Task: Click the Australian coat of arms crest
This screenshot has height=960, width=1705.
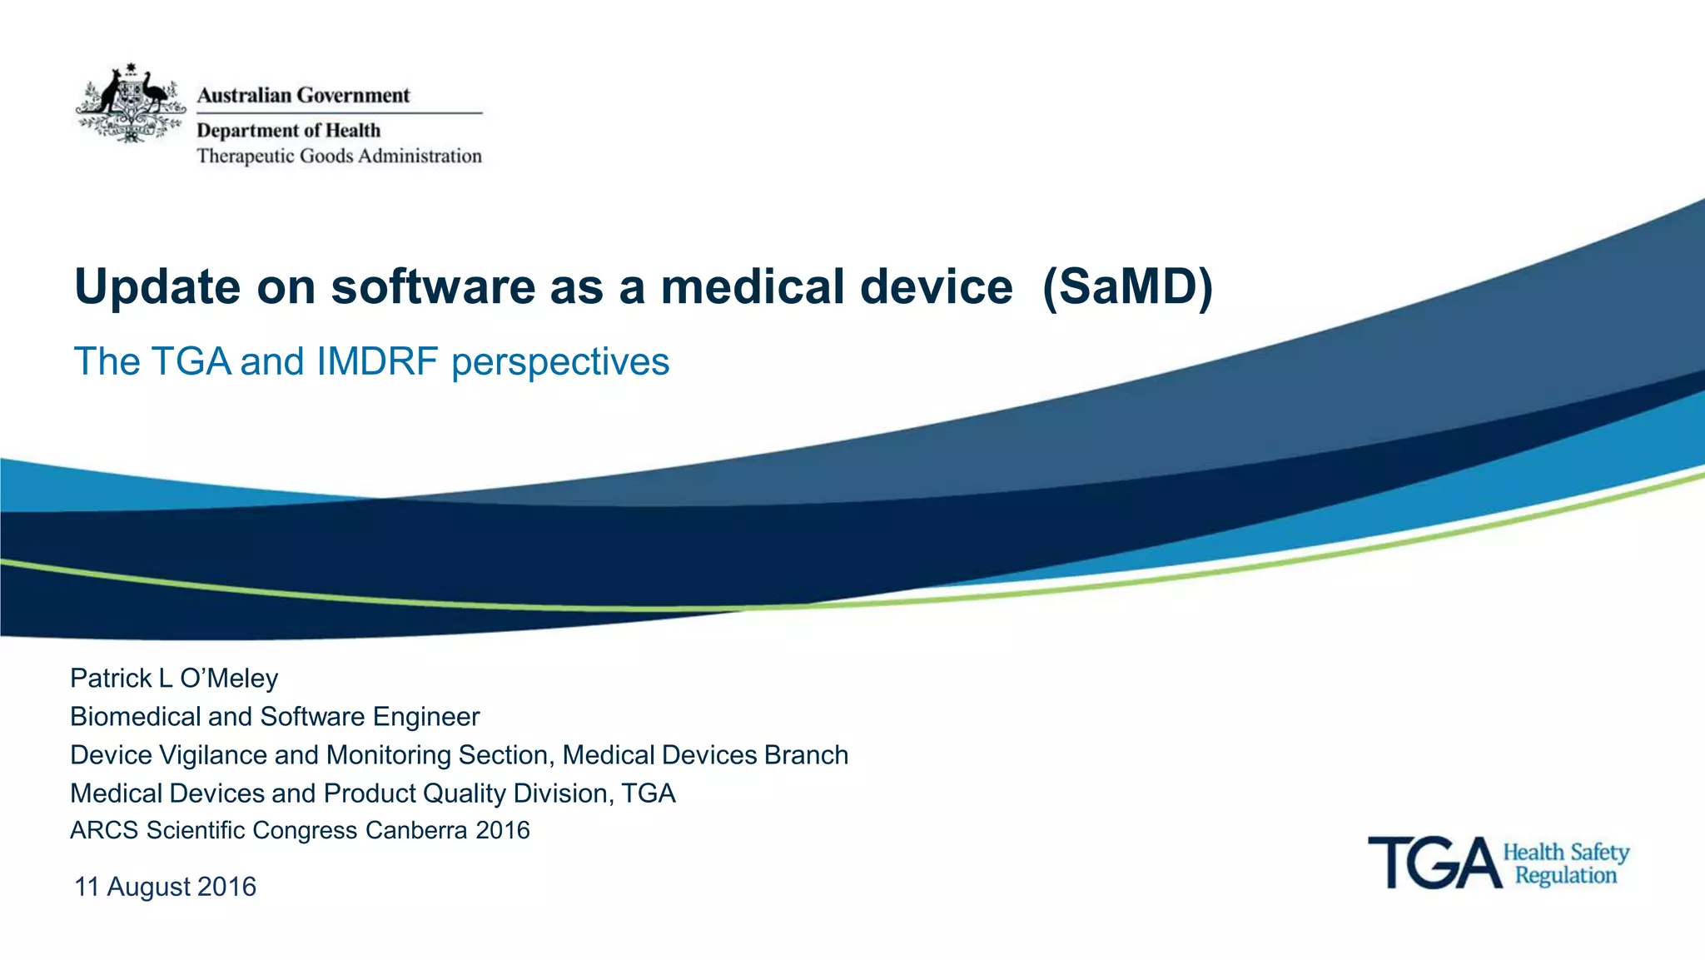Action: tap(131, 104)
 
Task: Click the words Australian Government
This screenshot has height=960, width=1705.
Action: tap(303, 96)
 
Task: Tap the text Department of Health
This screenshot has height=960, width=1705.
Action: tap(288, 131)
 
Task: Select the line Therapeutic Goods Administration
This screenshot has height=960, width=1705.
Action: tap(339, 157)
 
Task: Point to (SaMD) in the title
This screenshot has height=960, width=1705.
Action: tap(1127, 287)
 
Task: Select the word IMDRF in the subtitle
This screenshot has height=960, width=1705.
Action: tap(377, 361)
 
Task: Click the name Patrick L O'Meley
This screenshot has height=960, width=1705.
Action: tap(174, 679)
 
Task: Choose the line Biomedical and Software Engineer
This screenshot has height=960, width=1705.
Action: tap(275, 717)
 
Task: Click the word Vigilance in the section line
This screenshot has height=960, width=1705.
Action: tap(213, 755)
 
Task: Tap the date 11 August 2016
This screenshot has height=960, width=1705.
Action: tap(165, 887)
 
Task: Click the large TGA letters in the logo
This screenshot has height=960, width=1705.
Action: tap(1434, 863)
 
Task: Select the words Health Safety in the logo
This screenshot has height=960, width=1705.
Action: tap(1566, 853)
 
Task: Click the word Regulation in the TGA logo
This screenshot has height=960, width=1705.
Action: tap(1566, 876)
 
